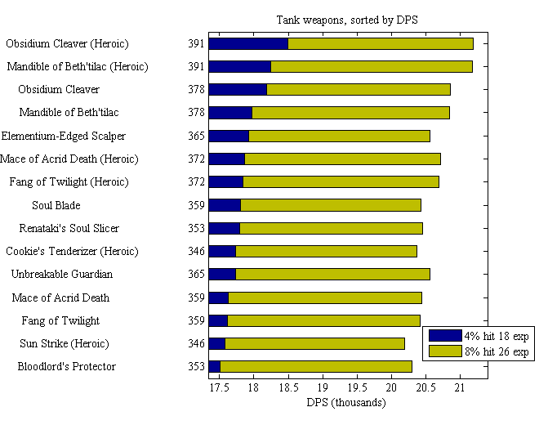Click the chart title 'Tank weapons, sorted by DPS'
click(x=347, y=20)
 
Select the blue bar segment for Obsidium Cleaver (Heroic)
click(x=248, y=43)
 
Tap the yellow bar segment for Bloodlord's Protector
click(x=316, y=366)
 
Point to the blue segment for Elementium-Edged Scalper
click(x=229, y=136)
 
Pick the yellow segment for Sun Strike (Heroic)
click(x=314, y=343)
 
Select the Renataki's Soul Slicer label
click(x=69, y=228)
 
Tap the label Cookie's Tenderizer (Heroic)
click(x=72, y=251)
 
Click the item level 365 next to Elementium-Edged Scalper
click(x=196, y=136)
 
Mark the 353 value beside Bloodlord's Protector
click(x=196, y=366)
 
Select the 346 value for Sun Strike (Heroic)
click(x=196, y=343)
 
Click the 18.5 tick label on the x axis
click(x=288, y=387)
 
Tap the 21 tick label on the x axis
click(x=459, y=387)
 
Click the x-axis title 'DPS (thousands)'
click(x=346, y=402)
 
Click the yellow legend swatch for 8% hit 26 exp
click(x=444, y=351)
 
